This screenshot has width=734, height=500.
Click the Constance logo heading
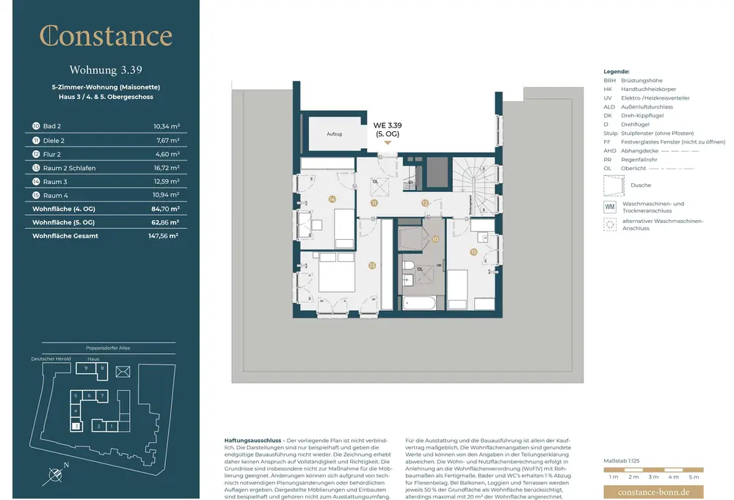[106, 36]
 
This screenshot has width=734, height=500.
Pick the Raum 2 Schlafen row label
[69, 168]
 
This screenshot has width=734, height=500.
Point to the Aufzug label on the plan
[335, 134]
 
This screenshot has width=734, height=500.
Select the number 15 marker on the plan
[473, 252]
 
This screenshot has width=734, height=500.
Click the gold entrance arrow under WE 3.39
[388, 144]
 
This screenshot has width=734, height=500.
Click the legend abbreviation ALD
[609, 107]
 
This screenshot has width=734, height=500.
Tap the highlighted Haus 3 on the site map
[76, 425]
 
